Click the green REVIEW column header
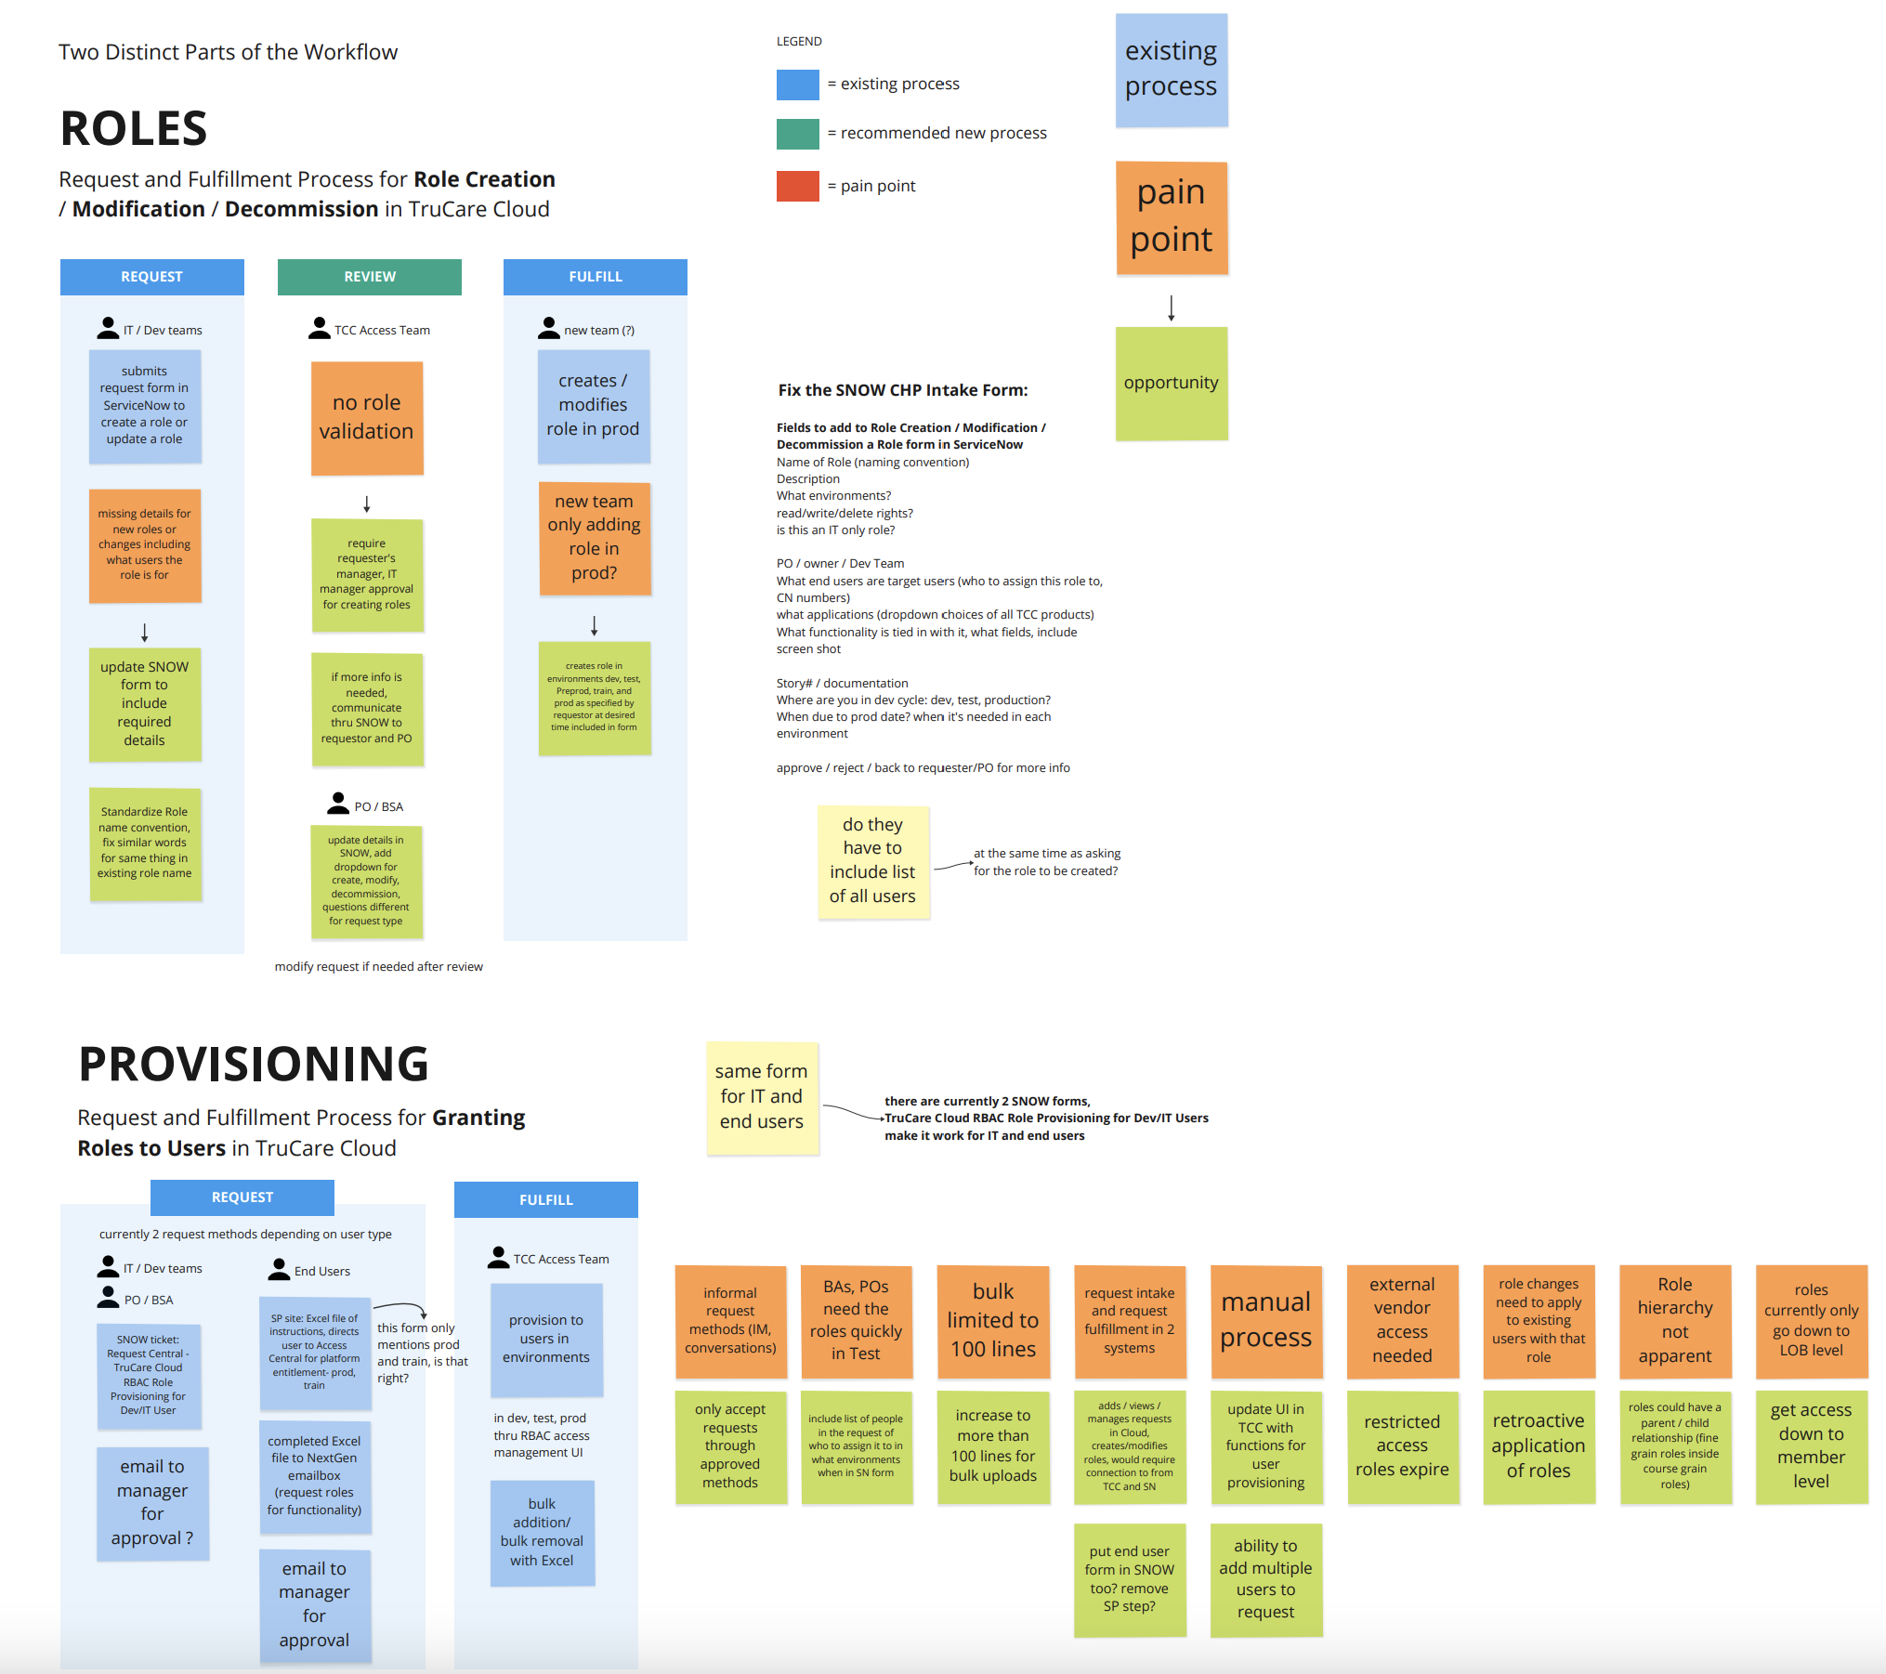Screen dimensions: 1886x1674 tap(369, 277)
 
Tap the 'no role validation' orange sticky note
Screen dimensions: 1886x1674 tap(367, 418)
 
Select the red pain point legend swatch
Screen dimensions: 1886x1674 tap(797, 186)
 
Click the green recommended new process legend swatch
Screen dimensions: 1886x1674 tap(797, 134)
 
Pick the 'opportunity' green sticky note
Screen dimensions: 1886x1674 tap(1171, 383)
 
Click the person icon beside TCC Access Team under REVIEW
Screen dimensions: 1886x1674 tap(319, 328)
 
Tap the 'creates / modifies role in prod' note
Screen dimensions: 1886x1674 tap(594, 406)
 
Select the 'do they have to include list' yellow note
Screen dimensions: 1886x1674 tap(872, 861)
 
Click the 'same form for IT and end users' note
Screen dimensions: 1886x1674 tap(762, 1097)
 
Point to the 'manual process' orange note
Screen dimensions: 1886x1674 tap(1265, 1320)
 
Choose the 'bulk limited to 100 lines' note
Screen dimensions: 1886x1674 tap(992, 1320)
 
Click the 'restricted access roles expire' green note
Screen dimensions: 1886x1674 tap(1402, 1446)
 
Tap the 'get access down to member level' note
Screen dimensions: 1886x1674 tap(1811, 1446)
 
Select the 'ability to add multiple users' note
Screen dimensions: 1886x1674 tap(1265, 1579)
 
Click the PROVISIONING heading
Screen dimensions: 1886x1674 tap(254, 1065)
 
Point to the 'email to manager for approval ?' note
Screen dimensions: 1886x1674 tap(152, 1502)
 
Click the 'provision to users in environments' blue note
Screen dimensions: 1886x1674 tap(546, 1339)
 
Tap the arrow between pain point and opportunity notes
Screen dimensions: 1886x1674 tap(1171, 307)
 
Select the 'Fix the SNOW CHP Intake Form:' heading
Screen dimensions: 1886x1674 tap(903, 390)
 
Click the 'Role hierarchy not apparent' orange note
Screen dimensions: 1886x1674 tap(1674, 1320)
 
